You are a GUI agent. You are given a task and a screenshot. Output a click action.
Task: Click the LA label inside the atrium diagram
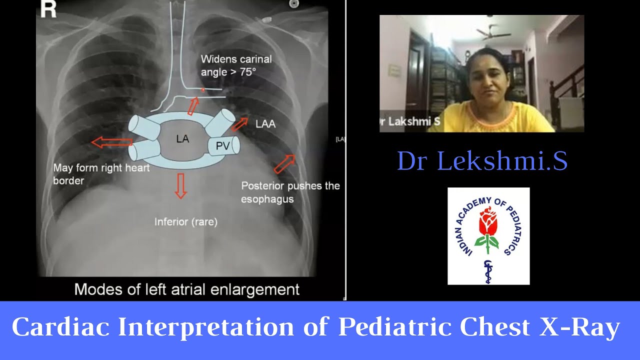click(182, 139)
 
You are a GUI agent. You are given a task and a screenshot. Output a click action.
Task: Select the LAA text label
click(265, 123)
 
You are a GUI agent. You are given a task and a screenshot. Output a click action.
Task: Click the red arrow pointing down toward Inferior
click(180, 186)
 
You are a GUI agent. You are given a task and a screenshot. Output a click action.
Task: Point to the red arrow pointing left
click(111, 143)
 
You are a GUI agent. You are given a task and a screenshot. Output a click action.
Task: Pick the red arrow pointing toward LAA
click(239, 123)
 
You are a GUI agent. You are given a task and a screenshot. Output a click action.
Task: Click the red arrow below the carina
click(193, 106)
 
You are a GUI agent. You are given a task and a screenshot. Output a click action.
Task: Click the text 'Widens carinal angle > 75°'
click(236, 65)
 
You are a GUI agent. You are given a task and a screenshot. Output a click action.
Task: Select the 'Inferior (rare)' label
click(186, 221)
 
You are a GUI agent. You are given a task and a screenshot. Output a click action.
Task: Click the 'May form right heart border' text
click(101, 174)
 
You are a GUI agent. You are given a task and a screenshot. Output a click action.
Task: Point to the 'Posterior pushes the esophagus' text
click(290, 192)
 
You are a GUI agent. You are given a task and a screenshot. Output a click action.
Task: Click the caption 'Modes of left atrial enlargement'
click(187, 289)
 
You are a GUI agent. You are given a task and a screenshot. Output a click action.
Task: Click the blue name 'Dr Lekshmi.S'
click(482, 161)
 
